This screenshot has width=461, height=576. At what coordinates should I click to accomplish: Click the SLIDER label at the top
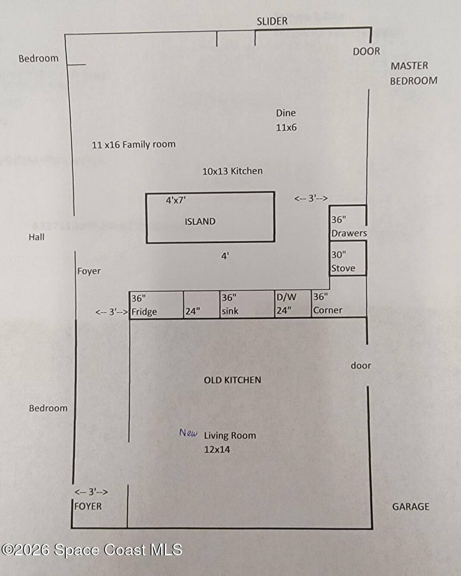[x=272, y=21]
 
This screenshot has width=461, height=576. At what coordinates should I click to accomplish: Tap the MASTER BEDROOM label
[x=413, y=73]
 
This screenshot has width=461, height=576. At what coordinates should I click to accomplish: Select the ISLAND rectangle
[x=210, y=218]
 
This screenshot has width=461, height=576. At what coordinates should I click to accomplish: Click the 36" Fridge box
[x=157, y=305]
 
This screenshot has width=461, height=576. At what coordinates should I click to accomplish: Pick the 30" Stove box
[x=348, y=258]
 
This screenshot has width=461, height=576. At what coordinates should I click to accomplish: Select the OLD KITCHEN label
[x=232, y=380]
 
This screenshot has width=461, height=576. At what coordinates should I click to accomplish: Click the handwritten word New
[x=188, y=433]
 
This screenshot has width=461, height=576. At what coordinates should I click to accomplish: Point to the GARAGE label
[x=410, y=507]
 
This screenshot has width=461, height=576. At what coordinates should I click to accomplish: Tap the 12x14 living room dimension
[x=217, y=449]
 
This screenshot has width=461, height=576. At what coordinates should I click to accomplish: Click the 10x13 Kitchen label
[x=232, y=171]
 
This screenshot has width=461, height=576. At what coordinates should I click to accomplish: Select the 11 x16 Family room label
[x=133, y=145]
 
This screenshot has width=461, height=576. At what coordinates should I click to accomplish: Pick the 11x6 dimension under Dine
[x=286, y=128]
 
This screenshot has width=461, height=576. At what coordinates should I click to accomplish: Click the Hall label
[x=37, y=237]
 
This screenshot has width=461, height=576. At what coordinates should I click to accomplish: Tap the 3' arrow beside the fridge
[x=111, y=312]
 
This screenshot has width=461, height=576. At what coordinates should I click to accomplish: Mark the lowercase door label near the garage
[x=361, y=366]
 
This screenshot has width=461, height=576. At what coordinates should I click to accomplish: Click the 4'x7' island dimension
[x=176, y=200]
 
